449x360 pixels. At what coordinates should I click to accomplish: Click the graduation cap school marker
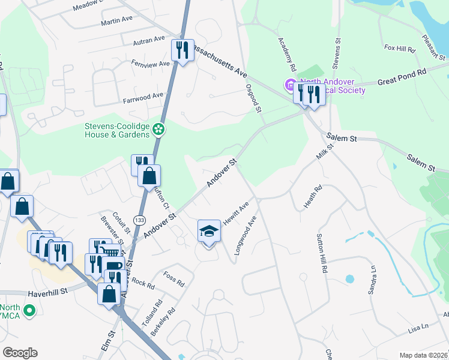tap(208, 231)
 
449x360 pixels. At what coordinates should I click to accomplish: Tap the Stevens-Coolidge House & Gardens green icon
tap(158, 128)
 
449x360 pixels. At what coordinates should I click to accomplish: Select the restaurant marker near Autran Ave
tap(182, 50)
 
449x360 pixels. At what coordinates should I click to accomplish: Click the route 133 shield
tap(139, 220)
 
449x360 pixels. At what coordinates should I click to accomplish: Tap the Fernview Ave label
tap(146, 62)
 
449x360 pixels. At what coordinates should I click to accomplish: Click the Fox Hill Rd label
tap(400, 47)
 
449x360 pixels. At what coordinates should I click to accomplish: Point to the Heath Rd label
tap(313, 197)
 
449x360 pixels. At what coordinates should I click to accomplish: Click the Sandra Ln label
tap(372, 279)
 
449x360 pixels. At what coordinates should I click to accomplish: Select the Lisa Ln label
tap(419, 327)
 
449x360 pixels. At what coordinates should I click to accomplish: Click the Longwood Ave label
tap(246, 235)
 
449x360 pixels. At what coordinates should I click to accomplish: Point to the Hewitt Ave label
tap(236, 214)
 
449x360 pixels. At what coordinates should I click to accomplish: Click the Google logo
tap(20, 353)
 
